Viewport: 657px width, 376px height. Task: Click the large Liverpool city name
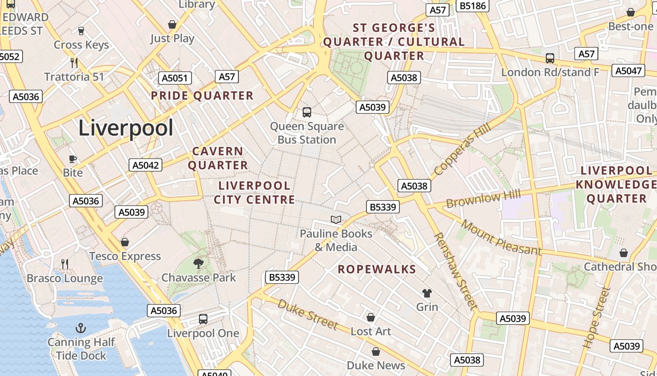[x=126, y=128]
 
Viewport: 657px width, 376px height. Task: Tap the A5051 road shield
[x=175, y=78]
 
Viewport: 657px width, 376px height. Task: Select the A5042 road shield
[x=145, y=165]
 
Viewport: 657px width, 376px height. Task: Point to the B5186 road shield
[x=473, y=6]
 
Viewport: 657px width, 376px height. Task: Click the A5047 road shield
[x=628, y=70]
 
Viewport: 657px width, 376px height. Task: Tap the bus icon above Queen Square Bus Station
[x=307, y=112]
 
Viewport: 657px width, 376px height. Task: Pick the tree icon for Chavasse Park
[x=199, y=264]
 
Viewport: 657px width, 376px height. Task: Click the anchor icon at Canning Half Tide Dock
[x=81, y=328]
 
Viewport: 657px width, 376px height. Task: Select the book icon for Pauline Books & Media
[x=336, y=219]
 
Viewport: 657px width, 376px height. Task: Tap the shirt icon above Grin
[x=427, y=293]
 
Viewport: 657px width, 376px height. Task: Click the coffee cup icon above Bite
[x=73, y=159]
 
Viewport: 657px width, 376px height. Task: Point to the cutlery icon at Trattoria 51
[x=74, y=63]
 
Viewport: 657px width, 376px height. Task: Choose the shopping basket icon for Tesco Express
[x=125, y=242]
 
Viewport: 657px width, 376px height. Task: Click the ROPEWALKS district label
[x=377, y=269]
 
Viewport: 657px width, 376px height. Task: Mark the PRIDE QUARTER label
[x=202, y=96]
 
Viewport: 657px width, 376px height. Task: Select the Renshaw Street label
[x=455, y=271]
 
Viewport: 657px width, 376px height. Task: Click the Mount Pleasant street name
[x=501, y=237]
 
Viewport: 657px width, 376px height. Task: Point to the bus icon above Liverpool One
[x=203, y=319]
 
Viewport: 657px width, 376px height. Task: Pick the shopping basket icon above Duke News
[x=376, y=352]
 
